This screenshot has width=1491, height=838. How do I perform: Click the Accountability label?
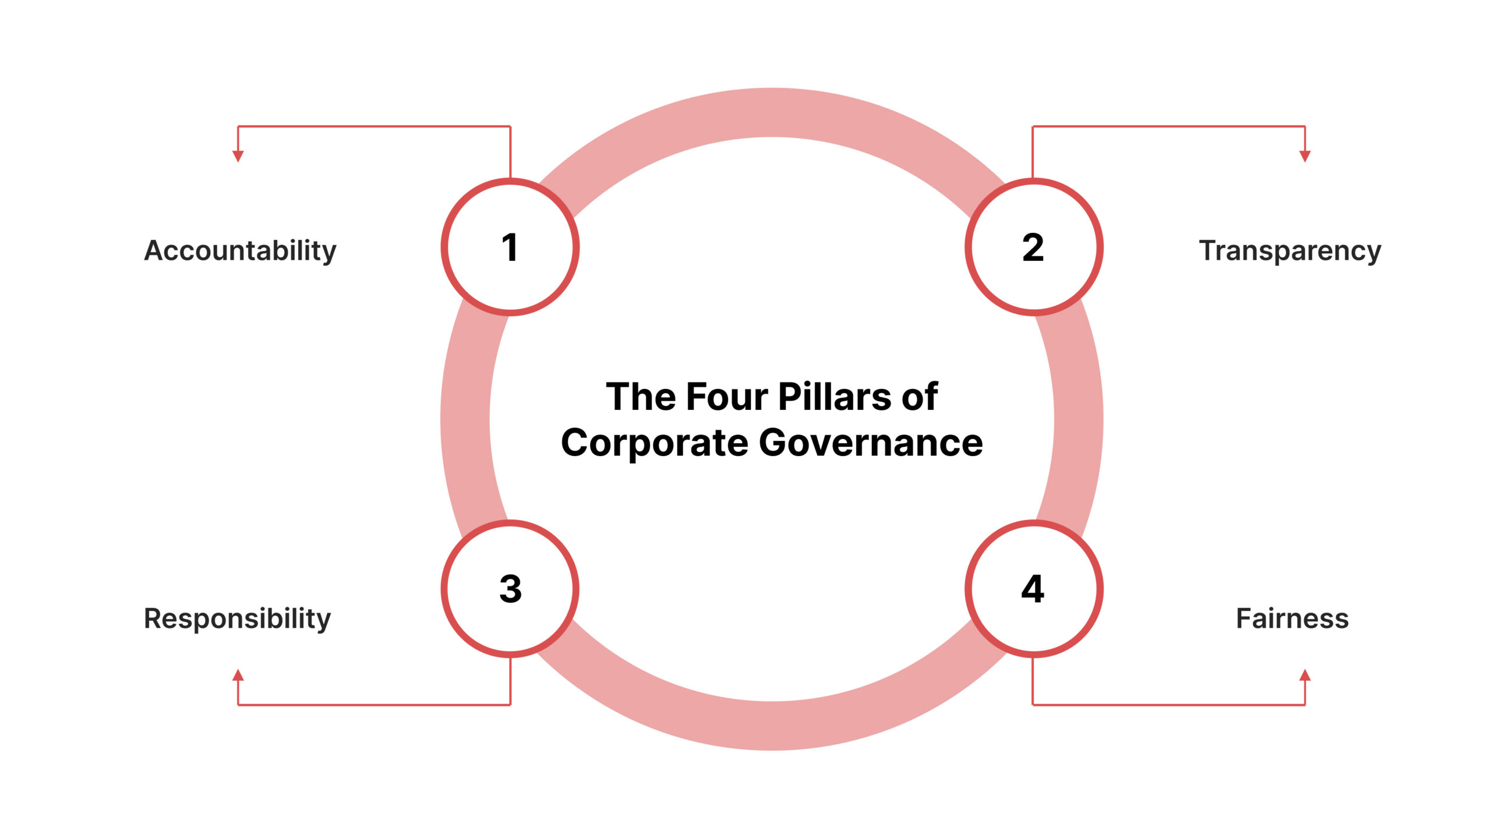(x=240, y=250)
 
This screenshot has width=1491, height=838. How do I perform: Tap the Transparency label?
(x=1290, y=250)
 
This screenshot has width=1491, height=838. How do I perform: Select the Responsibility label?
(x=237, y=618)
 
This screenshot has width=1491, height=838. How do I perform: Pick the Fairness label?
(x=1292, y=618)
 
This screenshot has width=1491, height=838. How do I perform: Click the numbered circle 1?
(x=510, y=247)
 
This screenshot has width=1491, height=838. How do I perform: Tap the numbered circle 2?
(x=1033, y=247)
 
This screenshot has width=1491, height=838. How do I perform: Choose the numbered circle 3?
(x=510, y=588)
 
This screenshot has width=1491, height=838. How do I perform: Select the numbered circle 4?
(x=1033, y=588)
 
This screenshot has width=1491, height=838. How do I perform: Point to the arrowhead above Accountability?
(x=238, y=155)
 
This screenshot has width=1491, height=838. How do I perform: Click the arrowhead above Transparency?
(x=1305, y=155)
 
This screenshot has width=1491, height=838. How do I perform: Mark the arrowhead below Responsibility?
(x=238, y=676)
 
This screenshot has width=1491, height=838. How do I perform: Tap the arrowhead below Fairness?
(x=1305, y=676)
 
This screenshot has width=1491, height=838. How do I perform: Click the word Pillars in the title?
(x=834, y=397)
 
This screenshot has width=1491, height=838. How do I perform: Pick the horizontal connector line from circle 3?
(x=373, y=705)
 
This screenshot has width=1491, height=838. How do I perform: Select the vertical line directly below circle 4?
(x=1033, y=681)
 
